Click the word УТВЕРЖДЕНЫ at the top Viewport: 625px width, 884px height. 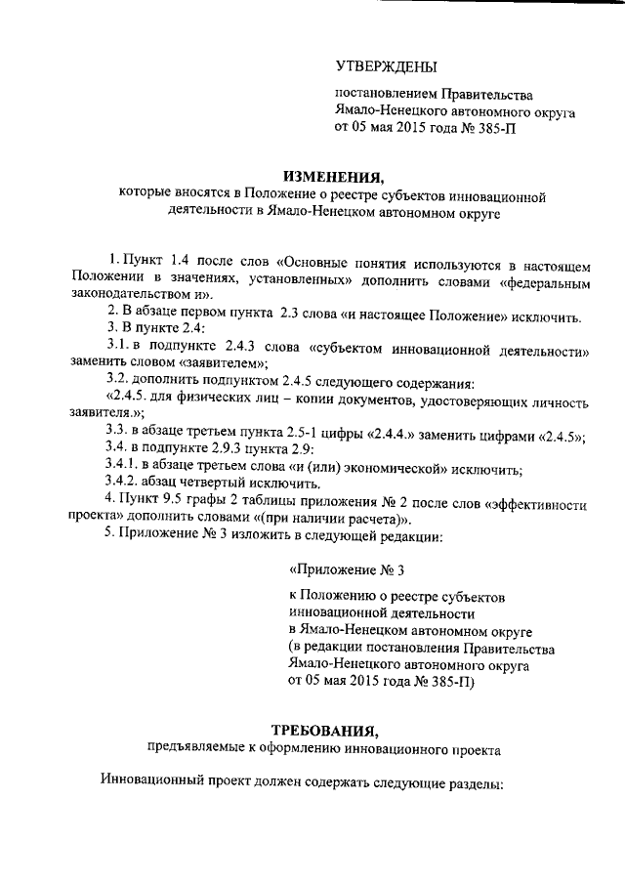[386, 66]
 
